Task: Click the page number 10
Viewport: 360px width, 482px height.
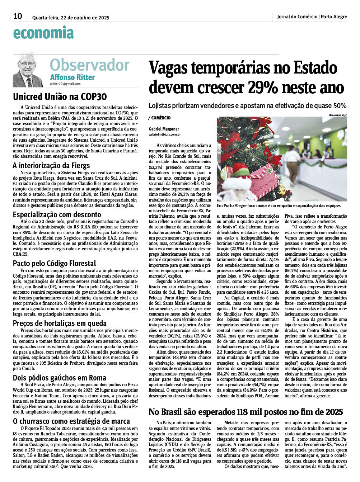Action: (18, 16)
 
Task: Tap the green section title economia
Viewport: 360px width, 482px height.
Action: (43, 33)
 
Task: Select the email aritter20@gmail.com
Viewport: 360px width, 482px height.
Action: (65, 84)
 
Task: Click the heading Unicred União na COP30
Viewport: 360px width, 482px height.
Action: (60, 97)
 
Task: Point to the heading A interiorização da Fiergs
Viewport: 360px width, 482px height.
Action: (51, 165)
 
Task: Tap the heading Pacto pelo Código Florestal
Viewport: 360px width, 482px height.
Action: (55, 263)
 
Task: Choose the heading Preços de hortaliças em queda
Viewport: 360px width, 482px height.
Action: (60, 323)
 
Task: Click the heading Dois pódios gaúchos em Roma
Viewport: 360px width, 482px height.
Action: (60, 378)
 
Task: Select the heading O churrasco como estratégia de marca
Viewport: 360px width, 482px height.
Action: (71, 421)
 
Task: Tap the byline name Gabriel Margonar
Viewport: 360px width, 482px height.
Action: (164, 129)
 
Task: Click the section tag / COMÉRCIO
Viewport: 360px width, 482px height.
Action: (159, 118)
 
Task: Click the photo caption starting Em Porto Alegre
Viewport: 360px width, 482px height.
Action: (279, 205)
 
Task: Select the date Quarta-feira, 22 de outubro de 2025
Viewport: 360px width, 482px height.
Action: (71, 18)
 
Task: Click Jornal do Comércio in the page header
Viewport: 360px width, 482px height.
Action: (297, 16)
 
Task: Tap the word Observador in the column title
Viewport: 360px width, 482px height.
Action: (89, 65)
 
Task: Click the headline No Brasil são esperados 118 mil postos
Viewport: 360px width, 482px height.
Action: (246, 412)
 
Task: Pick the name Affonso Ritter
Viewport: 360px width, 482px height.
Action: (73, 77)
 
